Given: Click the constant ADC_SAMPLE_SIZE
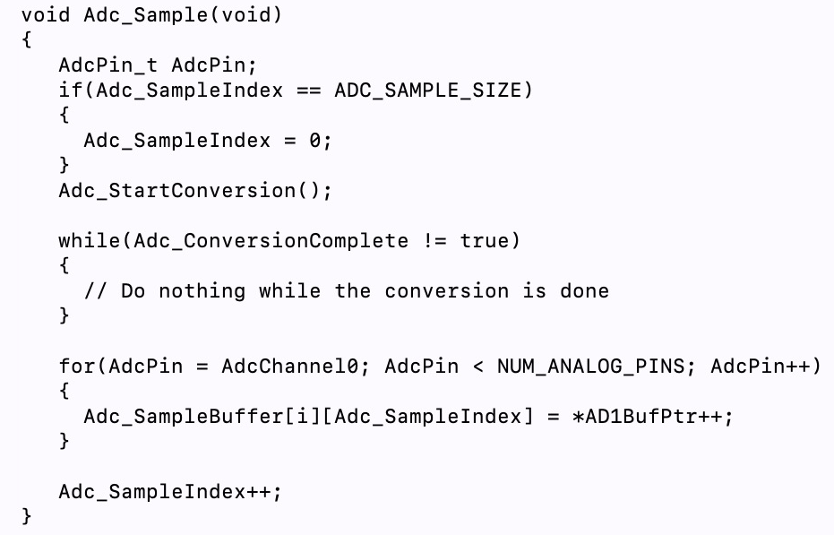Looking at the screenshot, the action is [x=427, y=91].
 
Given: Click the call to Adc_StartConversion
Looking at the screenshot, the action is [x=184, y=191].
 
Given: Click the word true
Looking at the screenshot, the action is [x=485, y=241].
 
